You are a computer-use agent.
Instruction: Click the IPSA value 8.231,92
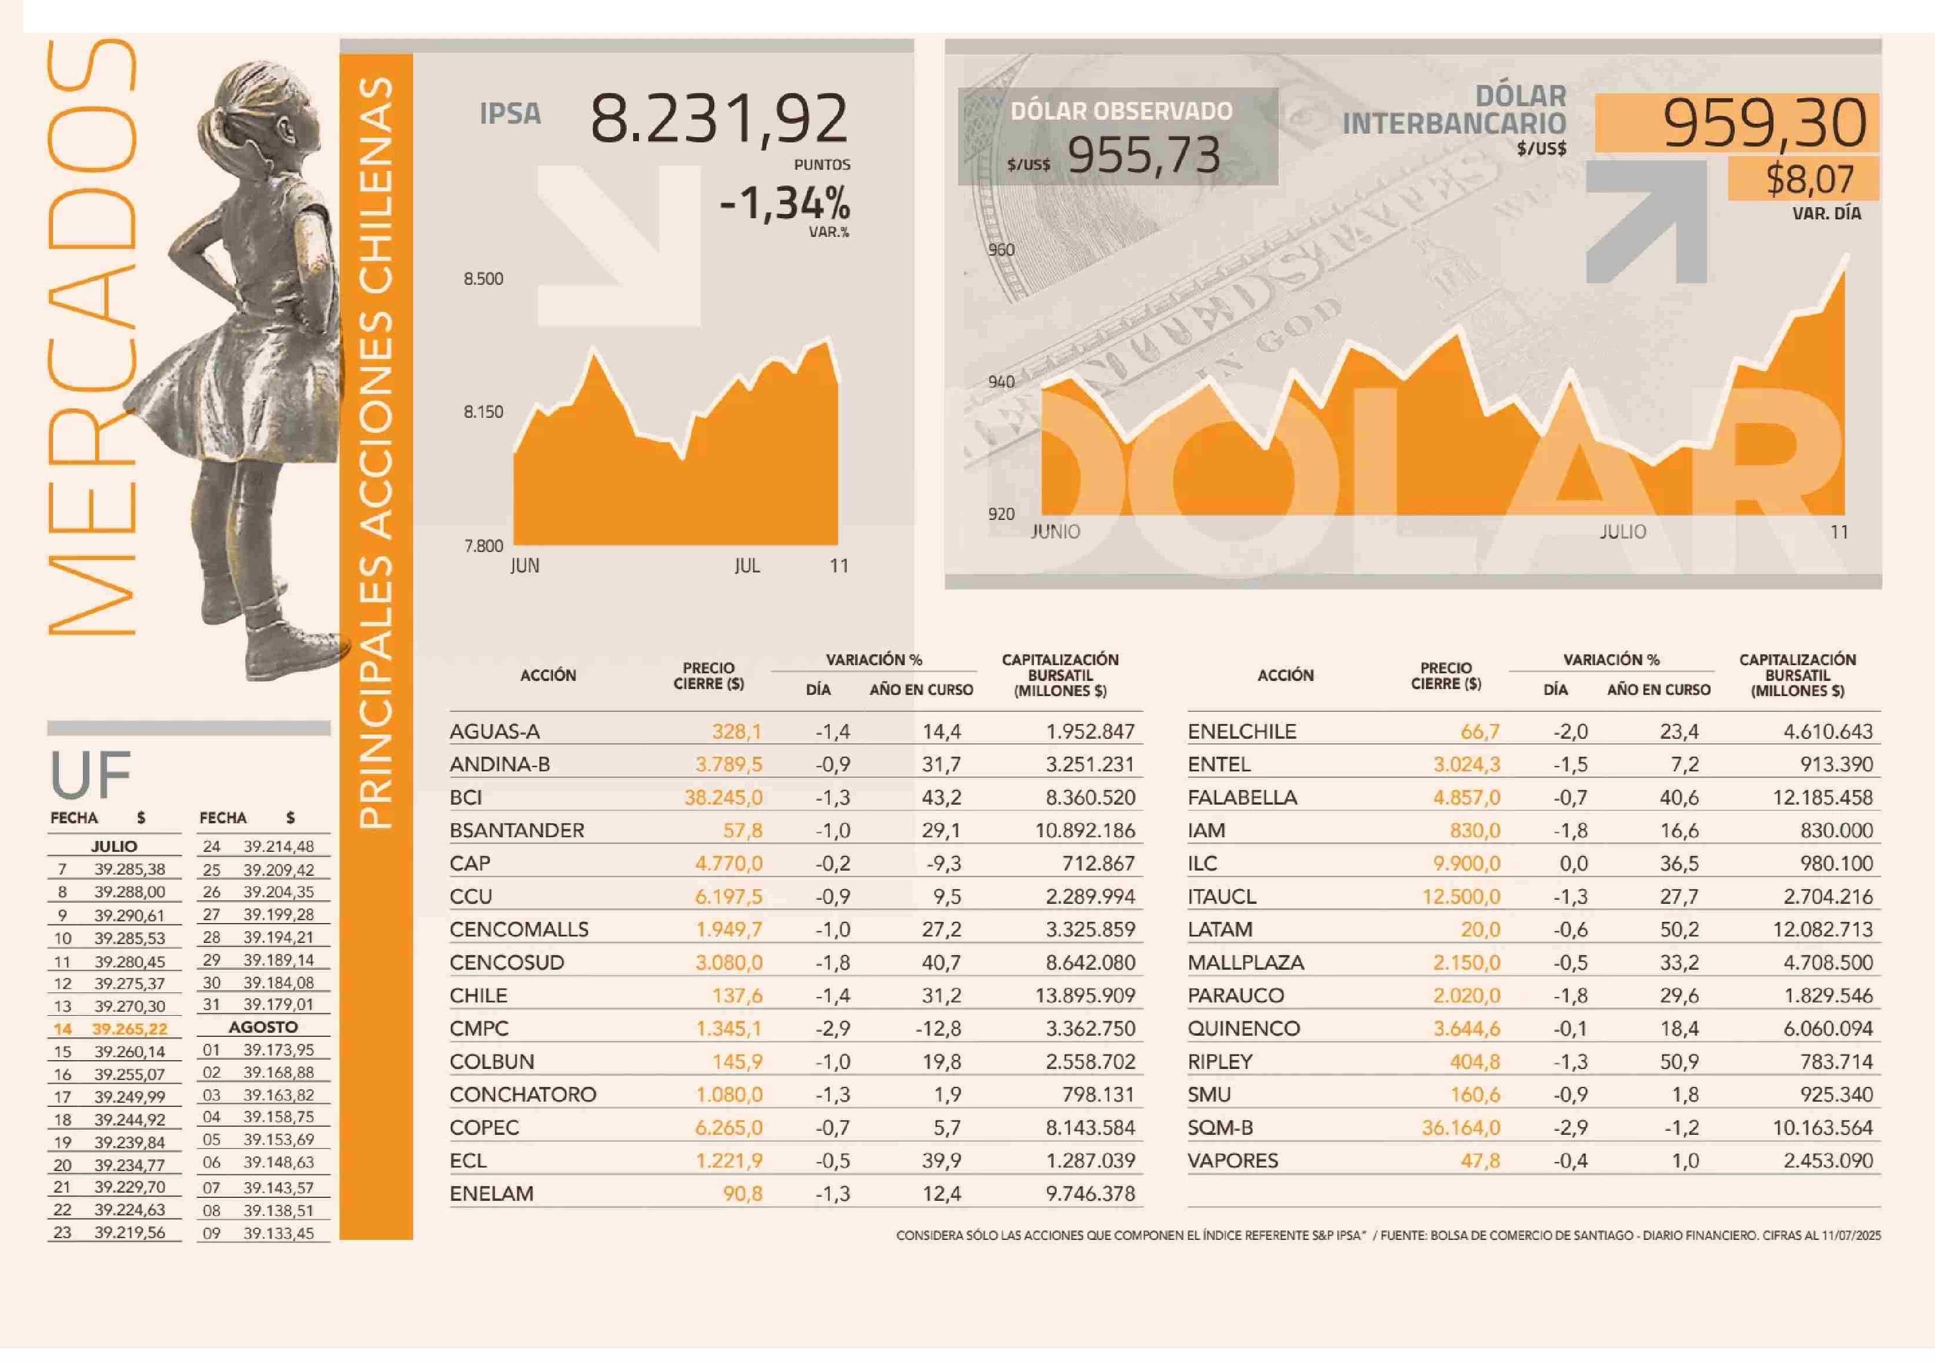(x=719, y=119)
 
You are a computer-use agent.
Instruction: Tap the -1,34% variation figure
(x=785, y=203)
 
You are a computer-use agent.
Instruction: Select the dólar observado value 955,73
(x=1144, y=155)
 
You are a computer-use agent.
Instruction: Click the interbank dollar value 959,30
(x=1765, y=123)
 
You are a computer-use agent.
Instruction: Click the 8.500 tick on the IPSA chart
(x=483, y=279)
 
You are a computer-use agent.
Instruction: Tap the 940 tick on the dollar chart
(x=1001, y=382)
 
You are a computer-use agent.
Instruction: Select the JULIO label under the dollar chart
(x=1622, y=532)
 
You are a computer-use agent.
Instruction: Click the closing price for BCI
(x=723, y=798)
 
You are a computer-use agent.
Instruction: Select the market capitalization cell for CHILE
(x=1085, y=995)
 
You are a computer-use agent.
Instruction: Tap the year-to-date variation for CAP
(x=944, y=863)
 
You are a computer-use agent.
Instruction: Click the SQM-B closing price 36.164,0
(x=1461, y=1128)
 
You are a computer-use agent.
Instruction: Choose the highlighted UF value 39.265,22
(x=130, y=1029)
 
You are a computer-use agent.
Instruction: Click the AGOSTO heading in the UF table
(x=263, y=1028)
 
